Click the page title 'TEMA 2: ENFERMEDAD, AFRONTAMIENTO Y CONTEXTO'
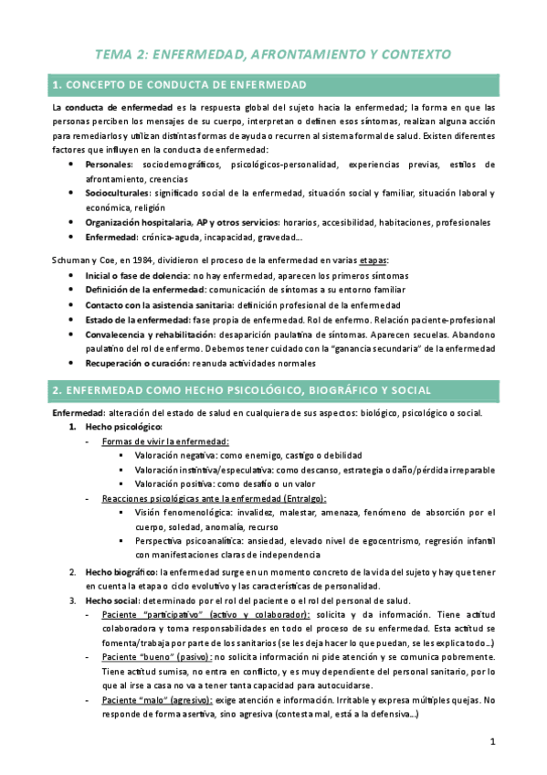(273, 55)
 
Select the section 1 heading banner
(273, 85)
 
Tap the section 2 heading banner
(273, 390)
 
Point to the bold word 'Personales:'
(110, 165)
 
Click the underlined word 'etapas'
(398, 260)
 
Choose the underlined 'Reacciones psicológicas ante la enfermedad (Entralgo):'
(215, 499)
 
